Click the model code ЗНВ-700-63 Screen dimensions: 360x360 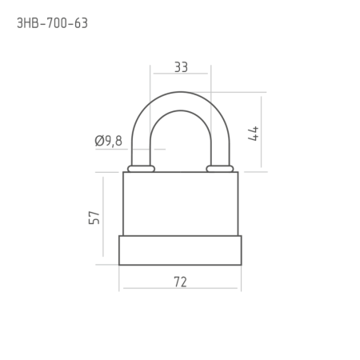[x=52, y=23]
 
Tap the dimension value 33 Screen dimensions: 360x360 [x=181, y=67]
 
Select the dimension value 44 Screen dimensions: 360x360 [x=253, y=134]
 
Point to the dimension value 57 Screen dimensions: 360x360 [x=94, y=218]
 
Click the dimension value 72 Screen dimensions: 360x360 [x=180, y=282]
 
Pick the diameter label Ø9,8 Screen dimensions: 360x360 [x=109, y=141]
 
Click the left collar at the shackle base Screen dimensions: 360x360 [x=141, y=169]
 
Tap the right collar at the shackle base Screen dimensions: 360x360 [x=220, y=169]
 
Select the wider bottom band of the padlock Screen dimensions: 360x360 [x=180, y=250]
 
